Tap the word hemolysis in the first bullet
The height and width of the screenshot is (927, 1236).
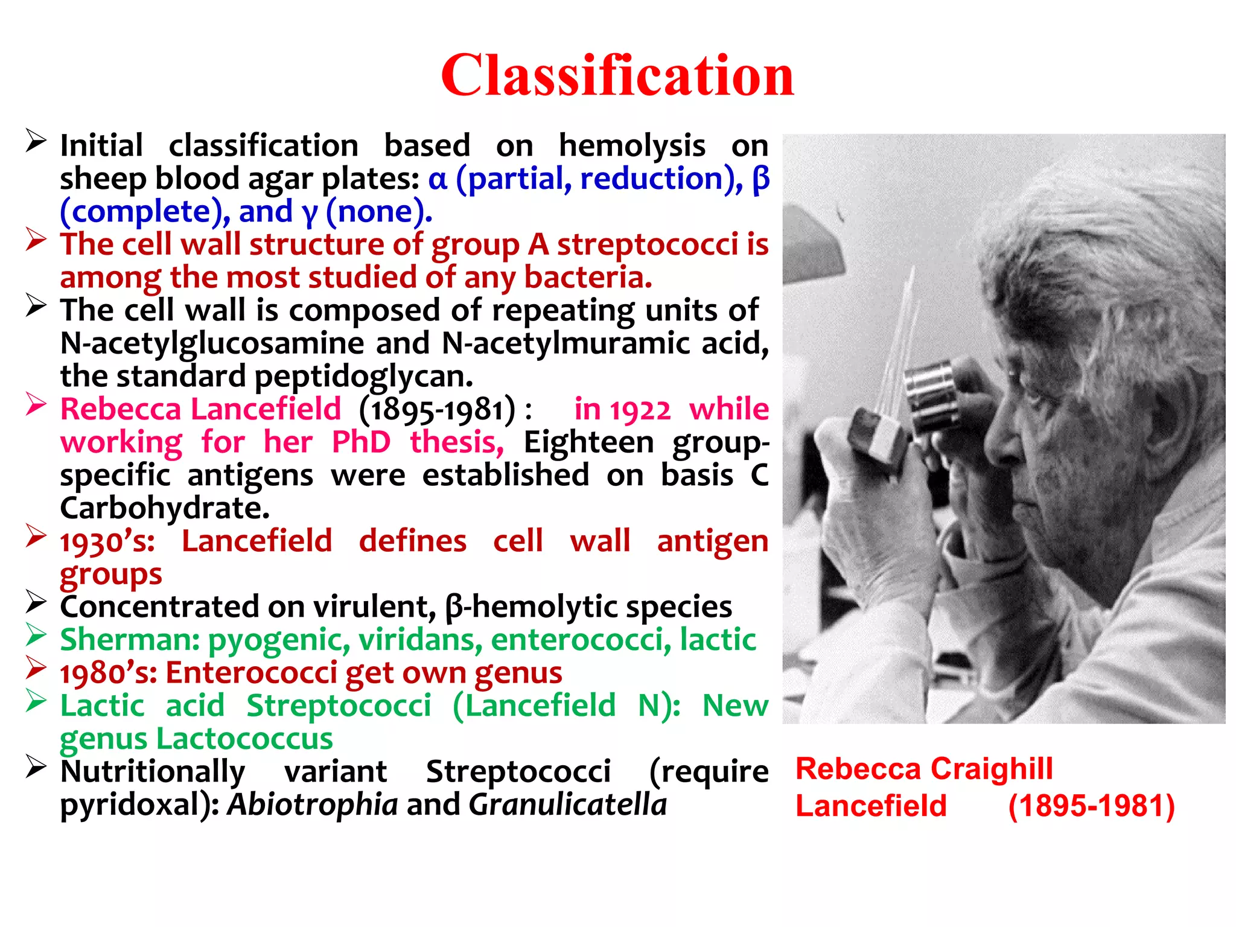click(x=631, y=146)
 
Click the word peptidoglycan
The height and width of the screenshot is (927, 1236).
click(x=363, y=377)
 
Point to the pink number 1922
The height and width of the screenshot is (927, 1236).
click(x=640, y=410)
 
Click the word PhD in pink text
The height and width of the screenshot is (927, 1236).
click(x=361, y=442)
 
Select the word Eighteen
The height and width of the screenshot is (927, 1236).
click(x=588, y=442)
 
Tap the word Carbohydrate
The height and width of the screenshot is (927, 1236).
click(x=164, y=508)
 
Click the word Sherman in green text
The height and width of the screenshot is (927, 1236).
click(x=129, y=640)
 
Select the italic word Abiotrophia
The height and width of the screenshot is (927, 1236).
click(x=312, y=804)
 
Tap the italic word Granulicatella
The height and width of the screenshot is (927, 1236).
click(x=567, y=804)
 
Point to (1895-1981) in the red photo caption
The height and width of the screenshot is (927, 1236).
click(x=1091, y=806)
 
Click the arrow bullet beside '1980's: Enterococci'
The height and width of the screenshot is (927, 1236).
click(x=36, y=669)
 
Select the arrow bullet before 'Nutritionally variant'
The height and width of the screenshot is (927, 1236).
click(x=36, y=768)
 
